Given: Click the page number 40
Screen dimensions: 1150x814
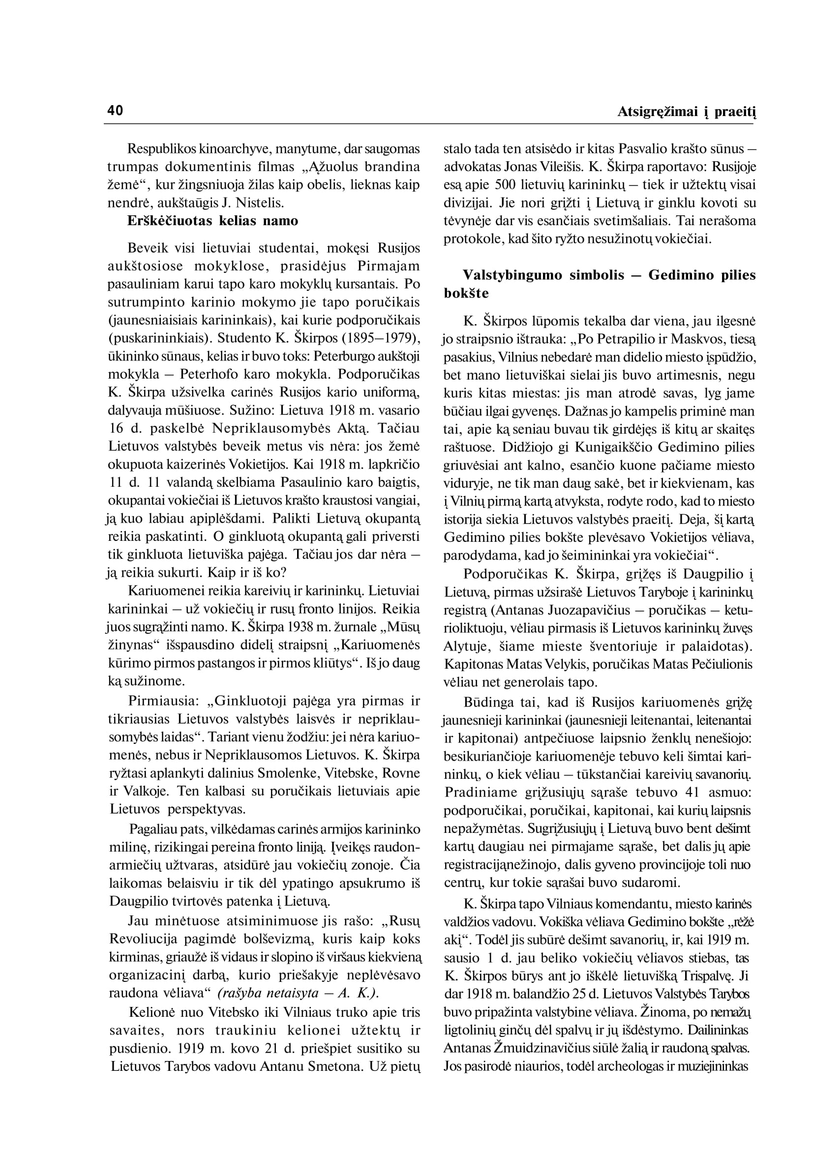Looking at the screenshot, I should pyautogui.click(x=115, y=111).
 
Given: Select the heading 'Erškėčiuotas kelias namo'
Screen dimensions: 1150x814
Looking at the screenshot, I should pyautogui.click(x=212, y=221).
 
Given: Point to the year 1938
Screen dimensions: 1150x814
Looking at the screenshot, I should pyautogui.click(x=284, y=627).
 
